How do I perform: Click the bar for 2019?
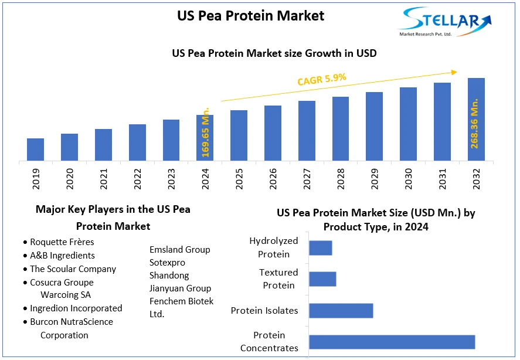(35, 149)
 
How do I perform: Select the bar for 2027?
(307, 130)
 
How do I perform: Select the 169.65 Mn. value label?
(206, 132)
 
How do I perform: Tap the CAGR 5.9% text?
(322, 80)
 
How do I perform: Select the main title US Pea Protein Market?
(250, 16)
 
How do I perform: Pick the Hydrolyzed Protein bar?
(321, 248)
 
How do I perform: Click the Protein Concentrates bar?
(392, 342)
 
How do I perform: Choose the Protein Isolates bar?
(341, 311)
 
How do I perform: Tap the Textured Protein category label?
(278, 279)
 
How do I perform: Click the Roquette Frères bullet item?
(62, 242)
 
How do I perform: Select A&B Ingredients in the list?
(62, 255)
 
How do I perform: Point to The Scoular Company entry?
(73, 269)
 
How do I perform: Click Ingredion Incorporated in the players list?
(76, 308)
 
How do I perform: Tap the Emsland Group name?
(179, 250)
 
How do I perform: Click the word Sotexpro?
(168, 263)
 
